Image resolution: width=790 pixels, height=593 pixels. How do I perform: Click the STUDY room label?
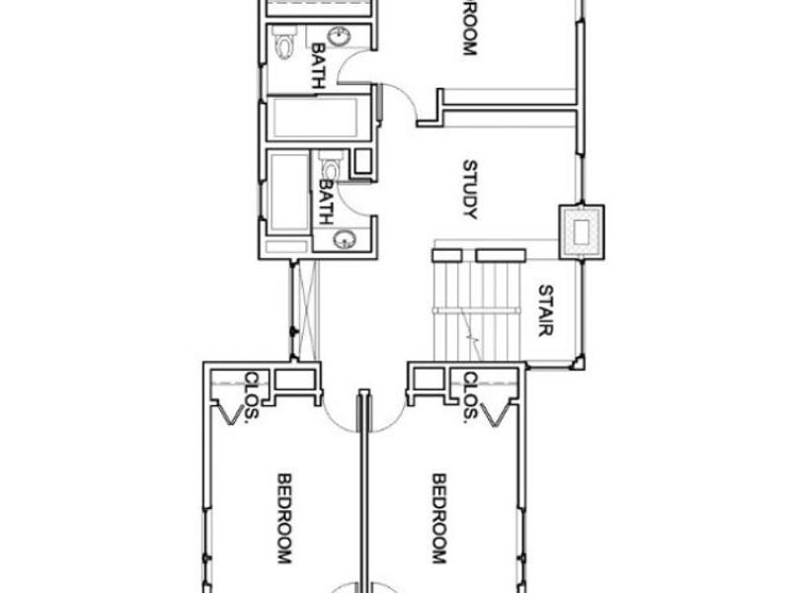point(470,190)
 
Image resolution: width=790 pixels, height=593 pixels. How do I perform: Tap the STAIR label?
point(545,310)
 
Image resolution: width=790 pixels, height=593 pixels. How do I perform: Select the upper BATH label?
point(319,65)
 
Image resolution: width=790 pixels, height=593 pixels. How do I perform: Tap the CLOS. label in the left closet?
point(253,395)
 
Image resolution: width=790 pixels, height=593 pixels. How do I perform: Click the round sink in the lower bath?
point(345,238)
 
